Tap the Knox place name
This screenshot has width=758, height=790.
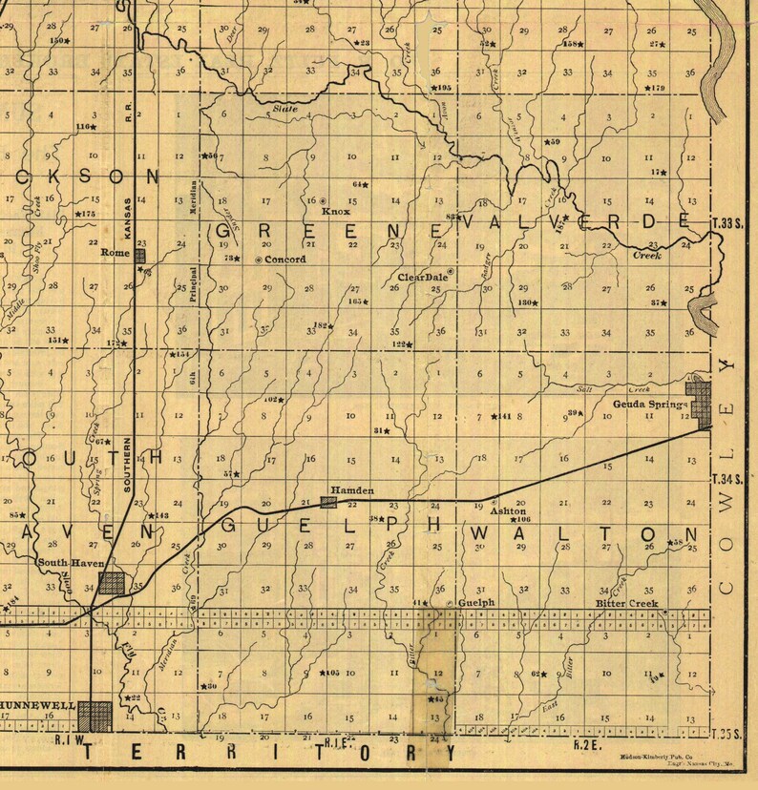pyautogui.click(x=336, y=212)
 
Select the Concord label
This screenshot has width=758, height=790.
pyautogui.click(x=284, y=260)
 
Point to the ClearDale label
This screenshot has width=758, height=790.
pyautogui.click(x=421, y=279)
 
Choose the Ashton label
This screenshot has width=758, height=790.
pyautogui.click(x=508, y=510)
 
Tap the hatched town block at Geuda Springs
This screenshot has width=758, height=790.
pyautogui.click(x=704, y=403)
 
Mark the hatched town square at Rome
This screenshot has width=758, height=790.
pyautogui.click(x=139, y=255)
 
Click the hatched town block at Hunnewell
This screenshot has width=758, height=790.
pyautogui.click(x=95, y=714)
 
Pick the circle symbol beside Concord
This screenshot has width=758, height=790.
pyautogui.click(x=258, y=260)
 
